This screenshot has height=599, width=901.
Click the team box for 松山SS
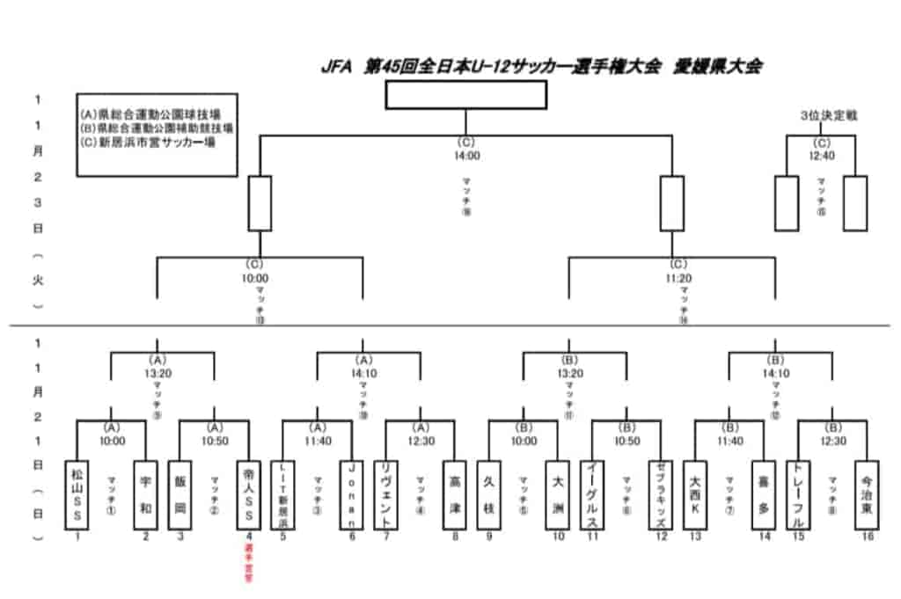click(77, 493)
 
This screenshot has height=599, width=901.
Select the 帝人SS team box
click(248, 493)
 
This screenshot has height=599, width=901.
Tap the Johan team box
click(351, 493)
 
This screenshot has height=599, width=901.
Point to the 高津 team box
click(454, 493)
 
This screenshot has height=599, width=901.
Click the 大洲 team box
click(557, 493)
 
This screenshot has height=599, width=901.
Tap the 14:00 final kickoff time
click(466, 156)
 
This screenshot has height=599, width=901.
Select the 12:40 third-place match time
click(821, 156)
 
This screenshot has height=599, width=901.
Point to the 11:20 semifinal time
click(678, 278)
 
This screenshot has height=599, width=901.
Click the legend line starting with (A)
click(150, 114)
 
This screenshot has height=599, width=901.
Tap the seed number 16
click(868, 537)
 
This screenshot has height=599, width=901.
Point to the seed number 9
click(489, 537)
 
